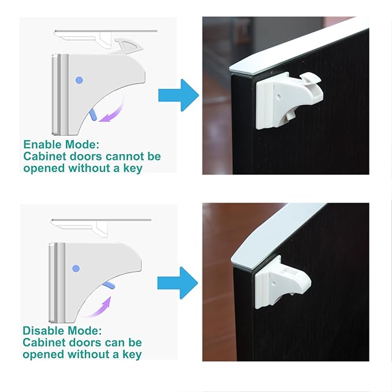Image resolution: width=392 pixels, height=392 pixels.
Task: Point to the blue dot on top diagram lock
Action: click(79, 80)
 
